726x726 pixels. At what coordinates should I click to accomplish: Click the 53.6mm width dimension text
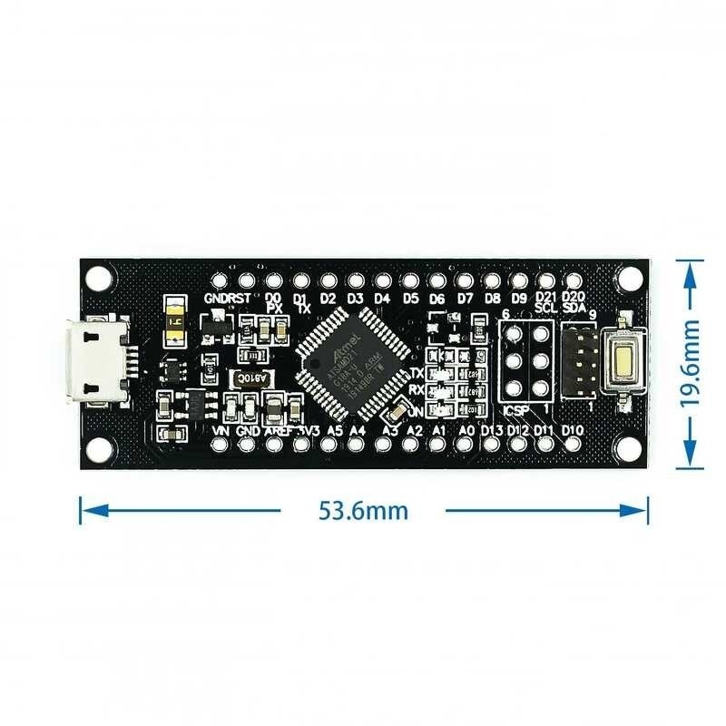click(x=363, y=510)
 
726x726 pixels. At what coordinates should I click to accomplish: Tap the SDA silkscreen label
click(x=572, y=308)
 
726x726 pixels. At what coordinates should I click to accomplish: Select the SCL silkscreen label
click(x=544, y=308)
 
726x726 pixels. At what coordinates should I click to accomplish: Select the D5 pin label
click(x=410, y=298)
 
